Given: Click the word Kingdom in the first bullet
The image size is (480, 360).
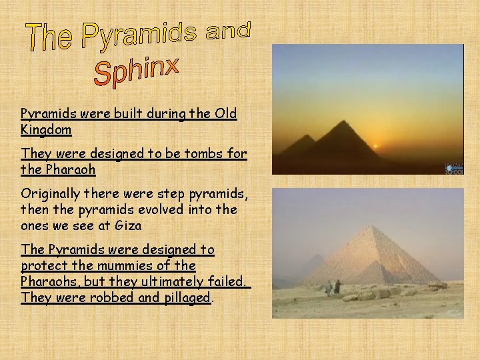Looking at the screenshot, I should [46, 129].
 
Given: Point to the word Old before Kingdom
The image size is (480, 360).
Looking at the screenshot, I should [225, 113].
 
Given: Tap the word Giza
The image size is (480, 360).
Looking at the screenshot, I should [128, 225].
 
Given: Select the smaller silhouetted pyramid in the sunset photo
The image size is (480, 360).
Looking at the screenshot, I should [301, 143].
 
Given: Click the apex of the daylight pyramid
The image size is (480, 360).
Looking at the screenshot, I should [370, 227].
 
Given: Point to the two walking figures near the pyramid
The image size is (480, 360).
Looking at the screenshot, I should [333, 287].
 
